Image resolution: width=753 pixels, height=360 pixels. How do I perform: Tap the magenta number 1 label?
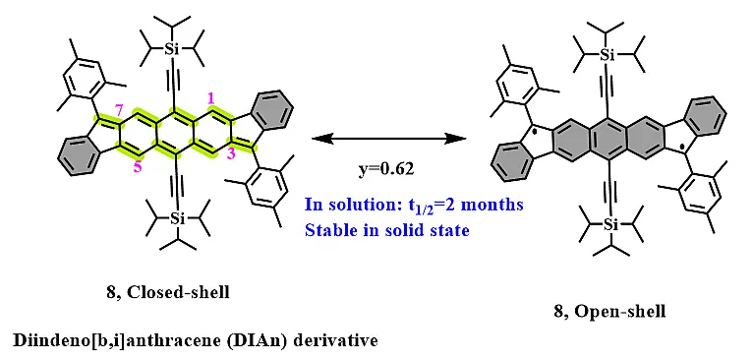click(x=208, y=96)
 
